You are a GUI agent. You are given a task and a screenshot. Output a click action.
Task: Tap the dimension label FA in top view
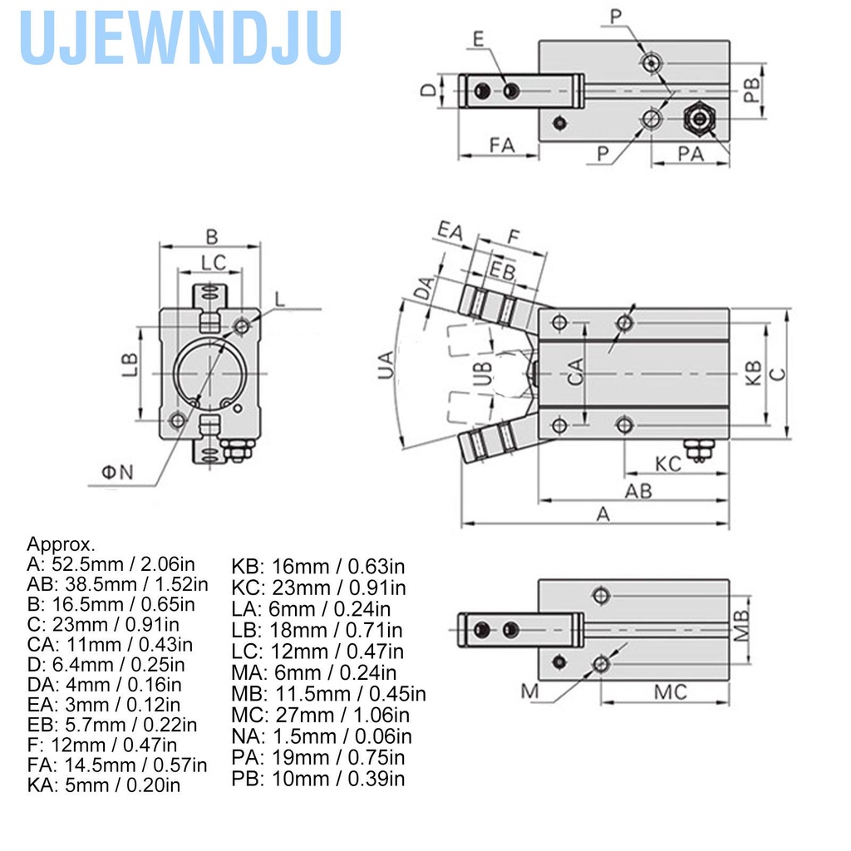tap(501, 145)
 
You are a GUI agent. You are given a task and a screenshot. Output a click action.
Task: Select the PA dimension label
tap(691, 153)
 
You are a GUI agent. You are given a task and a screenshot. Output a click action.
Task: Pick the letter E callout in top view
tap(478, 39)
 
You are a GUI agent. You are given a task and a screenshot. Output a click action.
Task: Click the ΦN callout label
tap(117, 472)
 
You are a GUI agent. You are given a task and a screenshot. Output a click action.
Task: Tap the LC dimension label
tap(214, 262)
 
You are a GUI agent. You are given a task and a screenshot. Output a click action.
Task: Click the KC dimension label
tap(668, 463)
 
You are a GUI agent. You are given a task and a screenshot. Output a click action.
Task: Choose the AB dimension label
tap(638, 490)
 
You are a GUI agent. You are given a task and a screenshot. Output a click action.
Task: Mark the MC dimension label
tap(670, 691)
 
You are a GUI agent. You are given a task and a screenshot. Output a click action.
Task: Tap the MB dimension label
tap(742, 625)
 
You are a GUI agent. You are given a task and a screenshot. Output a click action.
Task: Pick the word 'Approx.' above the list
tap(61, 544)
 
